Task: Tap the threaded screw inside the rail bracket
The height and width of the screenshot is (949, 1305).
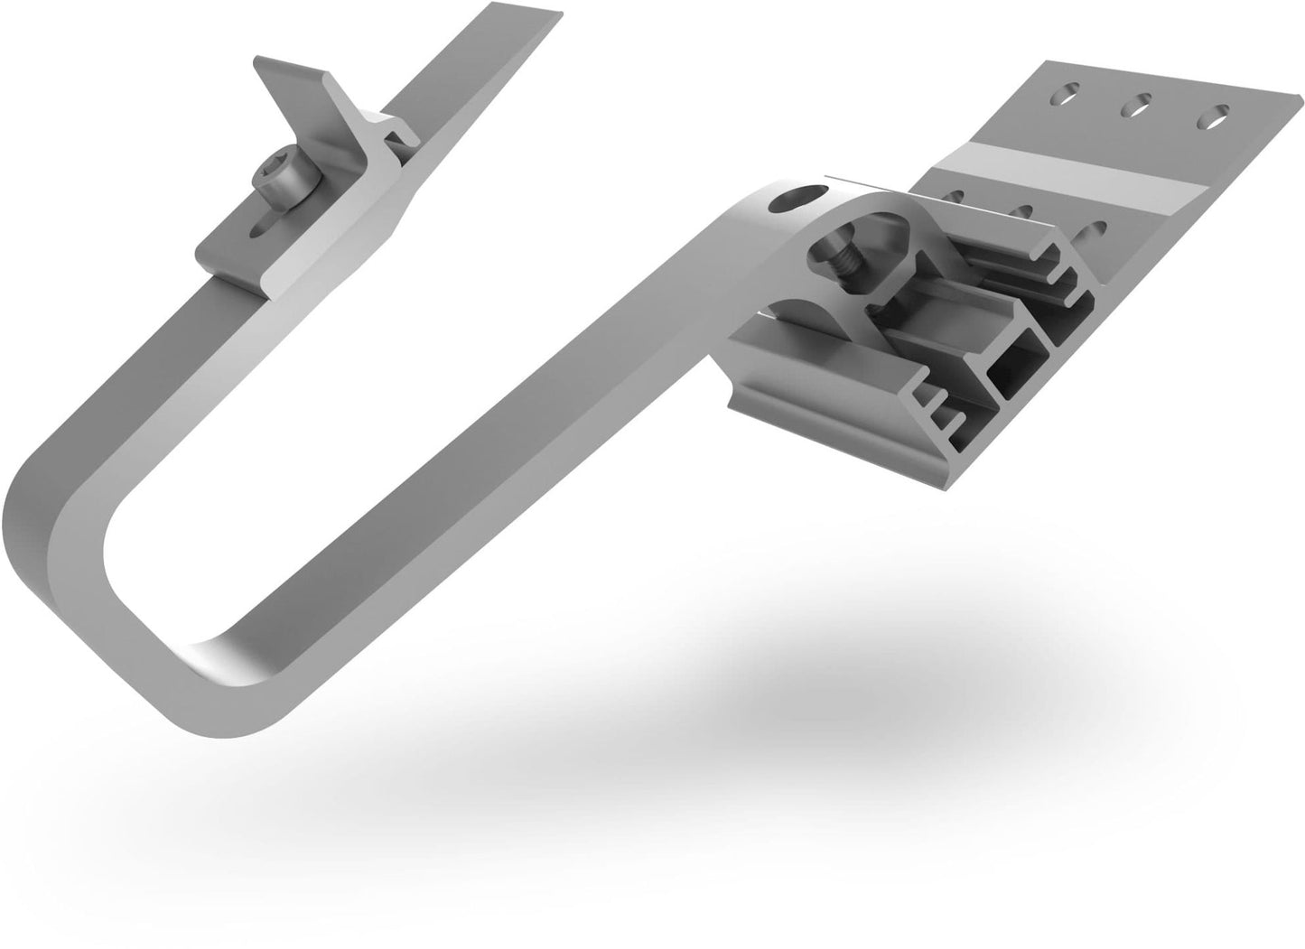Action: pos(844,262)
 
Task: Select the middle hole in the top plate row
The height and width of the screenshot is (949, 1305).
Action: pos(1134,106)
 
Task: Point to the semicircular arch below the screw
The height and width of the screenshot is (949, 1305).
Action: pos(795,312)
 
